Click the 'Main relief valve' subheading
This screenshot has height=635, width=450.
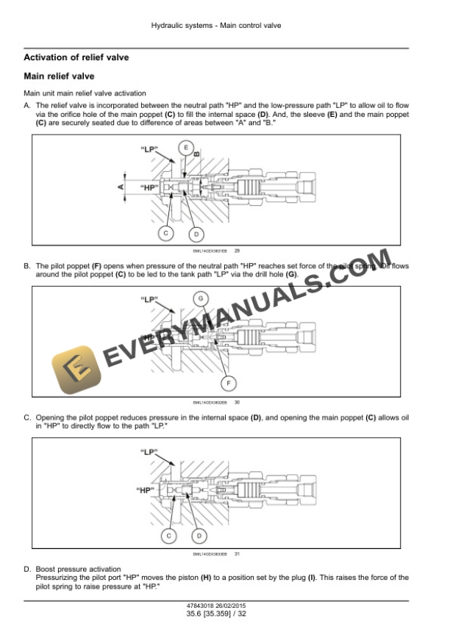pos(59,76)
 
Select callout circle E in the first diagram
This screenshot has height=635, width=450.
pos(187,148)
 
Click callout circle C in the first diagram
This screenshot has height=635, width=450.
pos(166,233)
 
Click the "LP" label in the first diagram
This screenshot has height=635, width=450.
pos(149,150)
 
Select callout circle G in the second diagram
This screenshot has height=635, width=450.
pos(199,298)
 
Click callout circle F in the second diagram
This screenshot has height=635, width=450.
pos(229,383)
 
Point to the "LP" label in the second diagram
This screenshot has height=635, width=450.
pos(149,300)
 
